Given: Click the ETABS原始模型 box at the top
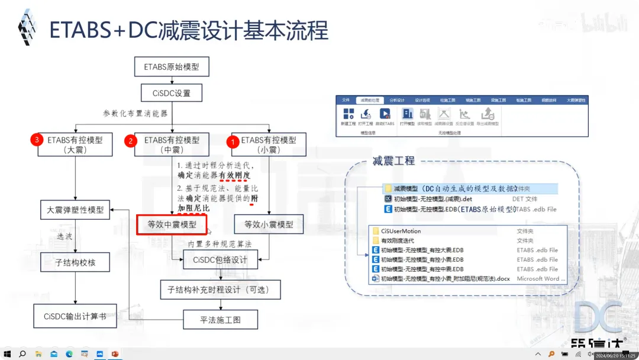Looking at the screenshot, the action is coord(172,67).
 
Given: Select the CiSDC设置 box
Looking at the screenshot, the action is coord(172,93).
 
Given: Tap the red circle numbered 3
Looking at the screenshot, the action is coord(37,140).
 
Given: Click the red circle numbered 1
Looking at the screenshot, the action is coord(233,142).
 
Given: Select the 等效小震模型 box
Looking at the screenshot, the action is coord(269,225).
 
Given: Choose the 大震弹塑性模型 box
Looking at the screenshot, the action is coord(75,210).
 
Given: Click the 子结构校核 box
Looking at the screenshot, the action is coord(75,262).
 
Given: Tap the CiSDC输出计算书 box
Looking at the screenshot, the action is coord(75,316).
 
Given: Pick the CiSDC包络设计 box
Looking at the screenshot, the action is coord(220,259).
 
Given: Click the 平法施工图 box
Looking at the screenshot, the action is coord(220,320).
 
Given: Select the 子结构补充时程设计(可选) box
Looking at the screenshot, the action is coord(220,290).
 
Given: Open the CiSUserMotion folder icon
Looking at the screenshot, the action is coord(375,231).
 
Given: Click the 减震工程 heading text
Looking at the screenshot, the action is coord(393,160).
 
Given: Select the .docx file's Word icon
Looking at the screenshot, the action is coord(375,278).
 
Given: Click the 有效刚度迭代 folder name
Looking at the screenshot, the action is coord(397,240).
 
